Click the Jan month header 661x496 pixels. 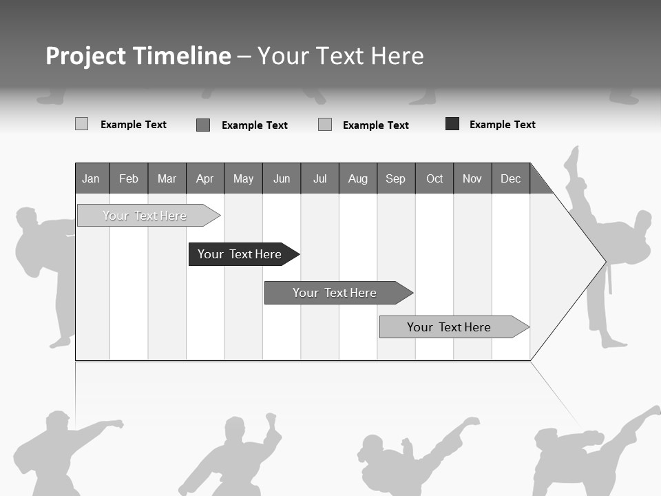coord(91,179)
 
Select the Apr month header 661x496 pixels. coord(204,179)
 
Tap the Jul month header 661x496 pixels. coord(319,179)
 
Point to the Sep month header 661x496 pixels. coord(395,179)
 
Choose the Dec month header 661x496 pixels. coord(510,179)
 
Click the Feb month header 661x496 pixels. coord(129,179)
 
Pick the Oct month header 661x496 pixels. coord(434,179)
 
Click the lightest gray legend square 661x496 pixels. coord(81,124)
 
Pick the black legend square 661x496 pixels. coord(452,124)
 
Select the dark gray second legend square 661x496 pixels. coord(203,125)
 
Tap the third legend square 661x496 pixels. coord(325,125)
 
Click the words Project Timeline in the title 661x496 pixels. coord(138,56)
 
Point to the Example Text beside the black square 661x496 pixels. coord(502,125)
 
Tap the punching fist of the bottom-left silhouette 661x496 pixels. coord(118,424)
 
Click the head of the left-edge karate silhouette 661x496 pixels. coord(27,218)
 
